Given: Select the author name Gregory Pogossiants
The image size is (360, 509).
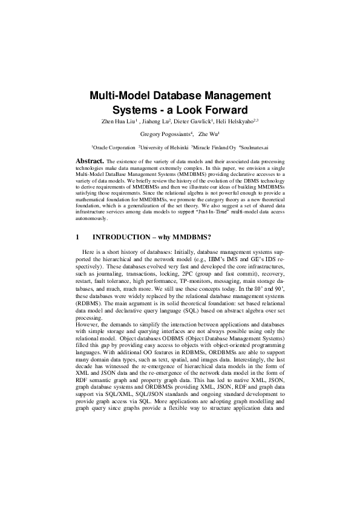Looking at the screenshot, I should pyautogui.click(x=165, y=134).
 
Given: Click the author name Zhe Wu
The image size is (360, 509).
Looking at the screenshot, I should pyautogui.click(x=208, y=134).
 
